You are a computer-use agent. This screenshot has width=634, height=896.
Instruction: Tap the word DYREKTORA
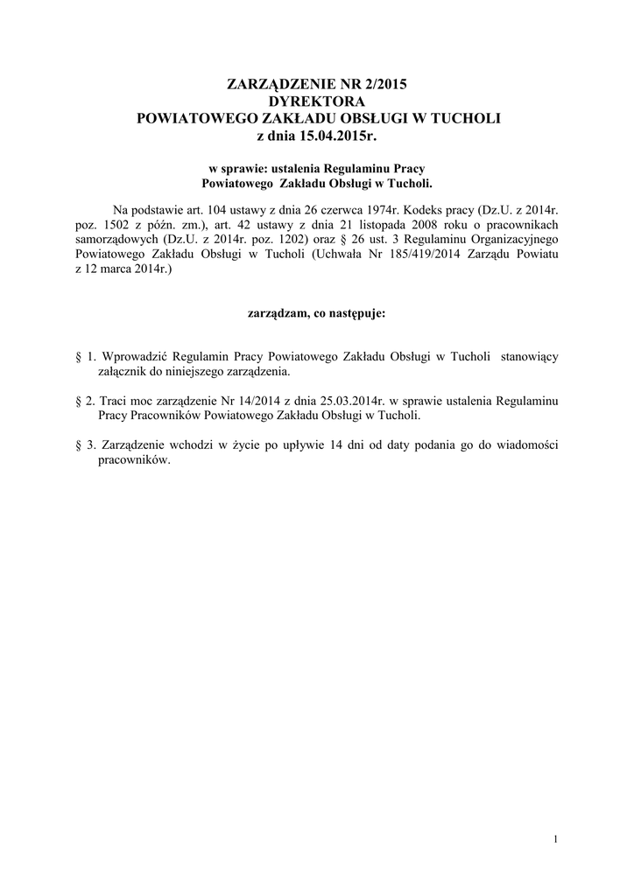(x=317, y=101)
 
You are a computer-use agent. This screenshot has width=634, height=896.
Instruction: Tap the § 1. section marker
(x=86, y=357)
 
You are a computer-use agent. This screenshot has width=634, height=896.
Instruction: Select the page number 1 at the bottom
(x=556, y=841)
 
